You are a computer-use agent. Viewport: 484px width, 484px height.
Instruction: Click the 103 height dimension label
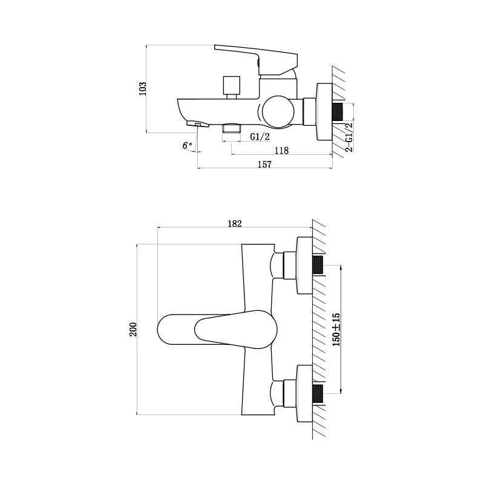[x=143, y=88]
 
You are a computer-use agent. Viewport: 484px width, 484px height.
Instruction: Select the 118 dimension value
[x=281, y=151]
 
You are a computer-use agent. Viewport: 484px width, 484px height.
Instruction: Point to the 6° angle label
[x=187, y=145]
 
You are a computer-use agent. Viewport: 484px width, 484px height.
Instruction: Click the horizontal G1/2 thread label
[x=260, y=137]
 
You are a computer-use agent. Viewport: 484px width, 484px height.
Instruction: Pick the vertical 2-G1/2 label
[x=348, y=136]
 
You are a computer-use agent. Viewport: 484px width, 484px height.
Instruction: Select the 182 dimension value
[x=235, y=223]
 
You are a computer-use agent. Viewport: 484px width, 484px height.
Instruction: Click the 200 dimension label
[x=133, y=329]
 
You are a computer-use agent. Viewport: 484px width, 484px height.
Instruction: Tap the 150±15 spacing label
[x=336, y=329]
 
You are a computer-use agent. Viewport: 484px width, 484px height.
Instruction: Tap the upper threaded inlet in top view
[x=318, y=265]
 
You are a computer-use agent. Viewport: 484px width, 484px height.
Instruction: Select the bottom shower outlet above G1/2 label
[x=232, y=128]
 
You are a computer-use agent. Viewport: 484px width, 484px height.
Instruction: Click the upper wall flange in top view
[x=303, y=265]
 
